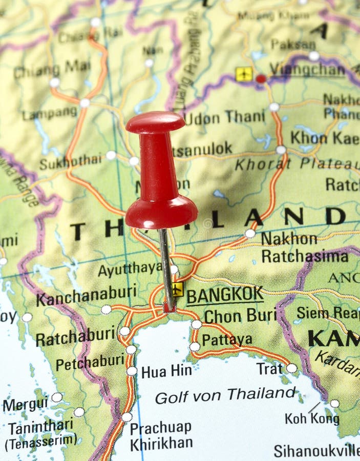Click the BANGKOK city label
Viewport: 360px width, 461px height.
coord(225,296)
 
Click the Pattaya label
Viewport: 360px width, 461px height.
coord(227,340)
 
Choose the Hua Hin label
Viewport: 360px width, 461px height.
coord(166,371)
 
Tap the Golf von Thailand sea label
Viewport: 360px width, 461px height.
coord(225,394)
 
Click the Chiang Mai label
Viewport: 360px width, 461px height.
coord(52,69)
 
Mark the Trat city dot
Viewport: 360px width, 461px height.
coord(291,368)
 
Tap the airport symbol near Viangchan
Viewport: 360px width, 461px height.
coord(244,74)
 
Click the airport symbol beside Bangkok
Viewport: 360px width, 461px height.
coord(177,289)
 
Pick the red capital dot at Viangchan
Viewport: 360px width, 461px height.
coord(261,79)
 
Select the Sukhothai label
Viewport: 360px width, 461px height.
coord(70,162)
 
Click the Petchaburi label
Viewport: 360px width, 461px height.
coord(90,363)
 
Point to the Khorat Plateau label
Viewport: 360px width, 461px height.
coord(297,164)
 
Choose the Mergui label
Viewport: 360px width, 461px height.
coord(26,404)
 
